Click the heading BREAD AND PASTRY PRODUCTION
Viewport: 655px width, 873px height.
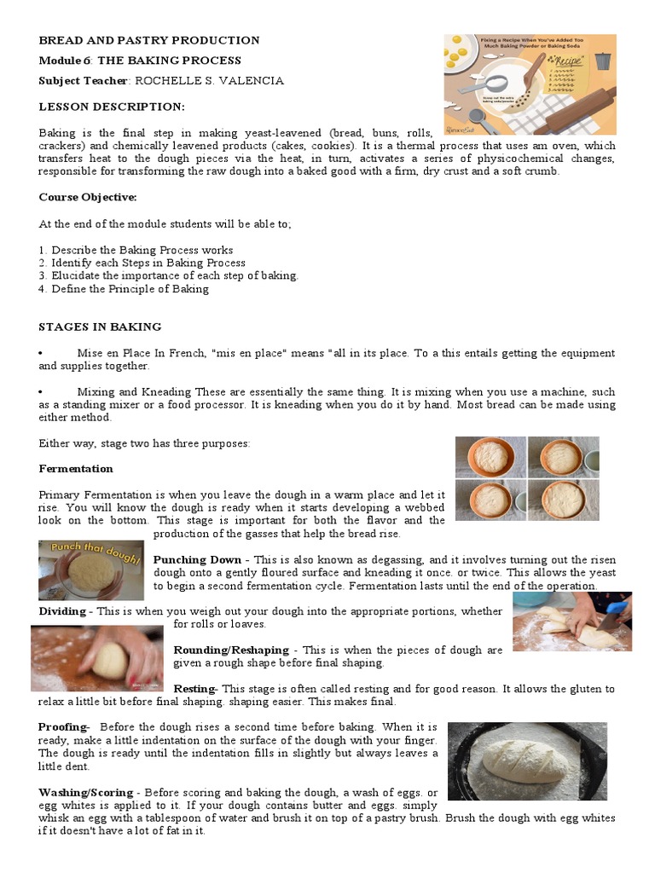tap(149, 40)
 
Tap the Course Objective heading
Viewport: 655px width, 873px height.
tap(88, 197)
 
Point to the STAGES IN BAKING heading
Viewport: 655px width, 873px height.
tap(100, 327)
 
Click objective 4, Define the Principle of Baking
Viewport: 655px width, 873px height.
tap(124, 289)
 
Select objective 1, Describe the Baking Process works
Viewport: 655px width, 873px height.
tap(136, 251)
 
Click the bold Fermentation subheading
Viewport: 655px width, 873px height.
tap(76, 469)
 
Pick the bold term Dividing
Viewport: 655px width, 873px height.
tap(62, 611)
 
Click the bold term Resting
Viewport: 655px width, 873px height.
tap(195, 688)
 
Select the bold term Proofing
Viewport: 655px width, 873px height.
tap(63, 726)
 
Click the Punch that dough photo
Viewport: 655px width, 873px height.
tap(90, 569)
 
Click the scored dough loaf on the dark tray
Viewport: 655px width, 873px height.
tap(520, 761)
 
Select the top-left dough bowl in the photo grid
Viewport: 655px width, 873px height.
tap(490, 457)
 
